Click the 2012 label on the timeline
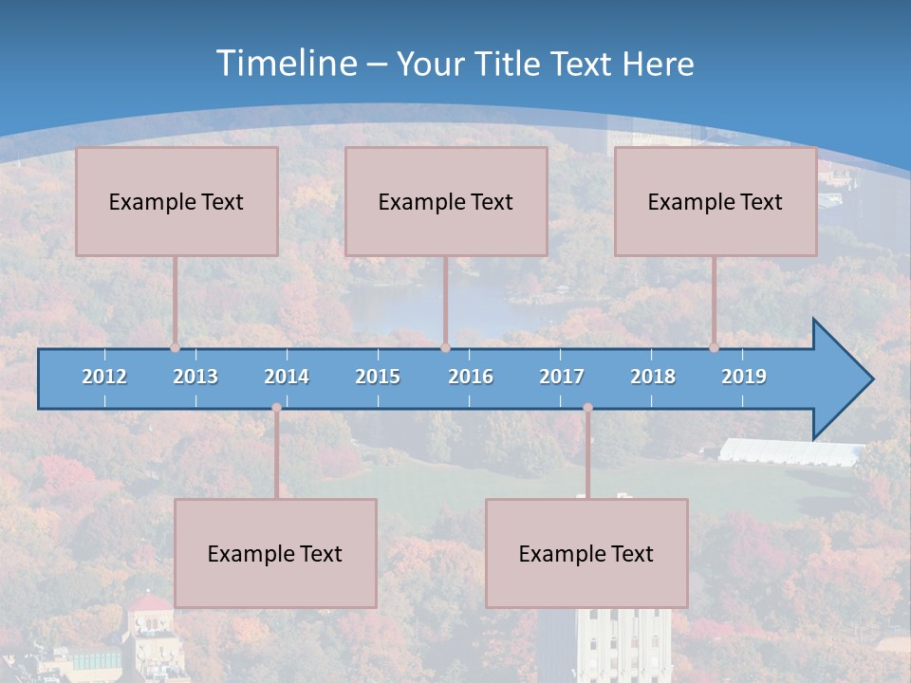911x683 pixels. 104,377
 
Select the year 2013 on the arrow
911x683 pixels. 195,377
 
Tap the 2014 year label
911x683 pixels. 287,377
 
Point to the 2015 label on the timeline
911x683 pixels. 378,377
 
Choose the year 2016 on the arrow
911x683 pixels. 471,377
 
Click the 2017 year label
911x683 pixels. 562,377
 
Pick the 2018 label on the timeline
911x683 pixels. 653,377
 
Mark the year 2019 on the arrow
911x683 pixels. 744,377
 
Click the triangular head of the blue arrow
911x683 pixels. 840,379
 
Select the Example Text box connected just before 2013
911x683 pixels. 177,201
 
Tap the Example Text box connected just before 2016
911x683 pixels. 446,201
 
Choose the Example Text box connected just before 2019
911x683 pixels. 716,201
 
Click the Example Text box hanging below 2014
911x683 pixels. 275,553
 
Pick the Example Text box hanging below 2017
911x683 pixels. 586,553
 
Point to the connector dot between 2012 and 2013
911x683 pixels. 176,347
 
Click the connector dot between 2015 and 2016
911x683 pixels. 445,347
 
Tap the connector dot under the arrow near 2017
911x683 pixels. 587,408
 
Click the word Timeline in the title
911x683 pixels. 285,64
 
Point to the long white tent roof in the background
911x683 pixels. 788,452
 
